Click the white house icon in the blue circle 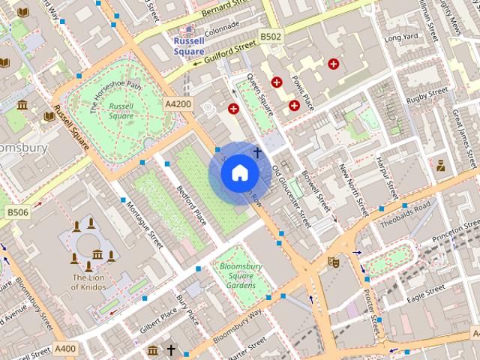(240, 173)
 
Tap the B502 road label (271, 36)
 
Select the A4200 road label (178, 103)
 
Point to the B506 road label (18, 213)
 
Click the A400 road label (65, 348)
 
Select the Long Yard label (400, 37)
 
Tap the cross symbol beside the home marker (257, 153)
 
